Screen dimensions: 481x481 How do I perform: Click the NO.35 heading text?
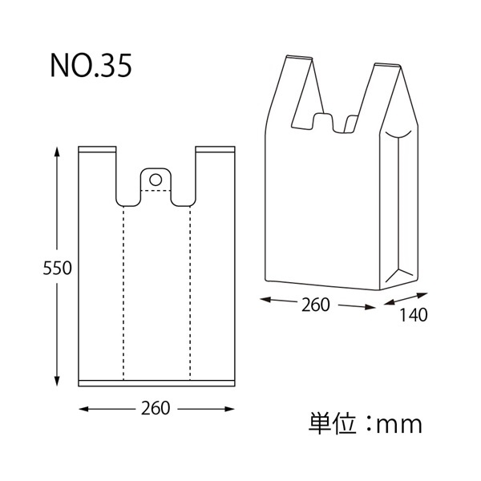91,66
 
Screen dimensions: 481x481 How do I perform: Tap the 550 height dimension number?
57,268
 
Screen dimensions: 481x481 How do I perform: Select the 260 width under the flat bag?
156,408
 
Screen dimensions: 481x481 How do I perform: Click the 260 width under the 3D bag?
316,305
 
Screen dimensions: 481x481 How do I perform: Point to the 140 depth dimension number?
413,315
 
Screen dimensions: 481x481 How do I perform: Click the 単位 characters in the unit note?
332,424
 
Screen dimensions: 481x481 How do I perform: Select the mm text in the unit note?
398,426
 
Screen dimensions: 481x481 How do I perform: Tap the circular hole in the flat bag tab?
156,180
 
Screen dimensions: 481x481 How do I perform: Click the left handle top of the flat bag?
97,150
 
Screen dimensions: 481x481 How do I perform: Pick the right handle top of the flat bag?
215,150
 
